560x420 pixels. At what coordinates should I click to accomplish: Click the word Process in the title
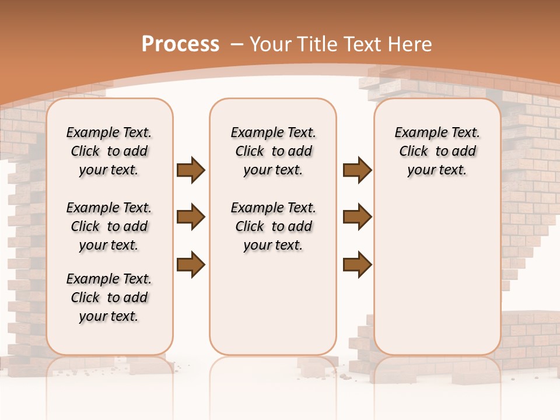point(180,44)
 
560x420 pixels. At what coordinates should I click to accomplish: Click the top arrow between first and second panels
point(191,170)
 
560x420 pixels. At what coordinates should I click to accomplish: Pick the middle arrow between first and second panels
point(191,217)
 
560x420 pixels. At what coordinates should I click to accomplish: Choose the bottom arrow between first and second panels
point(191,264)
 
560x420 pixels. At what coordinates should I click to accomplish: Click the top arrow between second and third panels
point(357,170)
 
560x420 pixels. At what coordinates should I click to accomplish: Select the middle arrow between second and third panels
point(357,217)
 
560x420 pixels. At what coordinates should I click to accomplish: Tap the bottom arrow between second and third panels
point(357,264)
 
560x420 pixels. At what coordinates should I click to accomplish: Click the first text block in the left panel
point(109,151)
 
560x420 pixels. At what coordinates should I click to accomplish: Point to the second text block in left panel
point(109,226)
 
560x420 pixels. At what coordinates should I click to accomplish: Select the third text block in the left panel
point(109,297)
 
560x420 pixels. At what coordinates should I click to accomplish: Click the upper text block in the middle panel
point(273,151)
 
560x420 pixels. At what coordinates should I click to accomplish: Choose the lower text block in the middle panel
point(273,226)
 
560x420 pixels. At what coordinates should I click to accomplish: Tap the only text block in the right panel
point(437,151)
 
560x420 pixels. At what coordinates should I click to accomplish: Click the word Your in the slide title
point(271,44)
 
